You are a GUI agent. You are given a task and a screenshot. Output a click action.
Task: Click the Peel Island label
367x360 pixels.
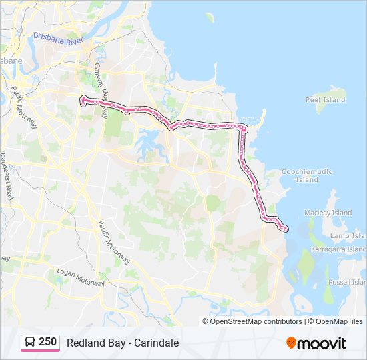tap(325, 100)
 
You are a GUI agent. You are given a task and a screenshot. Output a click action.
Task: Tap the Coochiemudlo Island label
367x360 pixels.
tap(307, 175)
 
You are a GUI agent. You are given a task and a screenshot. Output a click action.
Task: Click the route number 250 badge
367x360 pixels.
tap(47, 342)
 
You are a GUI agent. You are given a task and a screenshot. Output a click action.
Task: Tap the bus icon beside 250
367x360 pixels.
tap(30, 343)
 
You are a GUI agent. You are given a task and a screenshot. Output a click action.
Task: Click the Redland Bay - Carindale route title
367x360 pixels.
tap(123, 343)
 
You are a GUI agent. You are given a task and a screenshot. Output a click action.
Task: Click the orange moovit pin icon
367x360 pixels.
tap(292, 343)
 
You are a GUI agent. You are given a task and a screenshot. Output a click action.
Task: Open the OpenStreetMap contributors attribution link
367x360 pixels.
tap(256, 321)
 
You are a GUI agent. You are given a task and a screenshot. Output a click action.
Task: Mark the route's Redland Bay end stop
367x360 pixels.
tap(286, 229)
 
